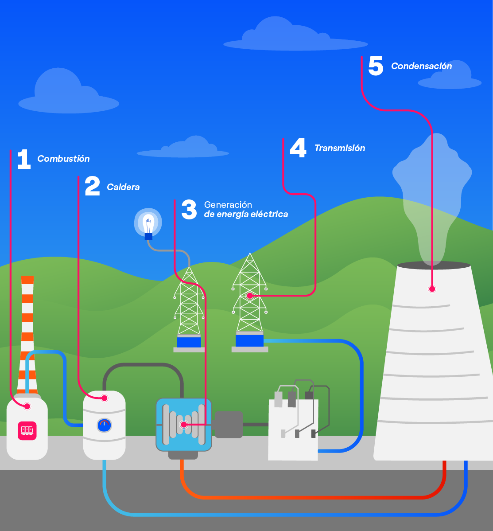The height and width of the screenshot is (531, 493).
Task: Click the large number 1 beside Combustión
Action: (x=23, y=160)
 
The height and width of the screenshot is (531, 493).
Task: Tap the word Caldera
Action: (x=123, y=187)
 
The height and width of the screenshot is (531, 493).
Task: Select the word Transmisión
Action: (x=339, y=148)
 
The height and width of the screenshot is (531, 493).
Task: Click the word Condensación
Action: (x=421, y=66)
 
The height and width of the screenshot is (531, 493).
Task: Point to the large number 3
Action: (x=189, y=210)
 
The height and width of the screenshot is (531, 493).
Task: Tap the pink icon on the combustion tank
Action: (x=27, y=430)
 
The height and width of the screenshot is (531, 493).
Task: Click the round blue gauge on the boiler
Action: (x=104, y=426)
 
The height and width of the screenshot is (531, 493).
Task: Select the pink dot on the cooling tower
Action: (x=432, y=289)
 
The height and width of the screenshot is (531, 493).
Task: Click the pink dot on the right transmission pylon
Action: (x=249, y=296)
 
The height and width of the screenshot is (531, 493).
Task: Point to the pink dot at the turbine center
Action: (x=183, y=425)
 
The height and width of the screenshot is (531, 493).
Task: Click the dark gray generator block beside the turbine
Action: (x=229, y=425)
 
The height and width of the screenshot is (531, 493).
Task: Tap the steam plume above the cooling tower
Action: (x=432, y=195)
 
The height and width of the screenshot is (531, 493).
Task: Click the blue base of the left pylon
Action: (x=189, y=342)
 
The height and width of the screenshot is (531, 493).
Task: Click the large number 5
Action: (x=376, y=66)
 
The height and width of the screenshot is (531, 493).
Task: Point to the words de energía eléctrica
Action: (x=246, y=215)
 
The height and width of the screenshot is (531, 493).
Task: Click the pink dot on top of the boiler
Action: (x=105, y=398)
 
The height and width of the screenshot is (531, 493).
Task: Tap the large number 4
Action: (x=298, y=148)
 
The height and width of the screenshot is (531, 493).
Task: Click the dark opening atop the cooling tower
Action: (x=434, y=265)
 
